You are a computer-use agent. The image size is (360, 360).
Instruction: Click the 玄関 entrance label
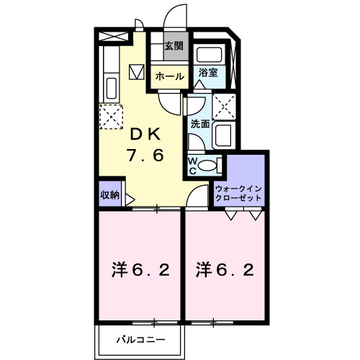click(172, 47)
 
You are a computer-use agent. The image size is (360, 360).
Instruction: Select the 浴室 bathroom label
click(209, 73)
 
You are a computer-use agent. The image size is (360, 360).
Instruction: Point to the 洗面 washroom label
click(199, 124)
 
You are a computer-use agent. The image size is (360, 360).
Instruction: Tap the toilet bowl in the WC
click(208, 166)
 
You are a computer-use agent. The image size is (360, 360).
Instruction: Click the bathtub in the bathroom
click(210, 54)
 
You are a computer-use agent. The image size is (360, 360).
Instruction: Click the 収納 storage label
click(109, 194)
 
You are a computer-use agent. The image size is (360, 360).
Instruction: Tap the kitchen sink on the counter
click(111, 89)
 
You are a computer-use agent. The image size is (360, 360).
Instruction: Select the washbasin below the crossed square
click(222, 134)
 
